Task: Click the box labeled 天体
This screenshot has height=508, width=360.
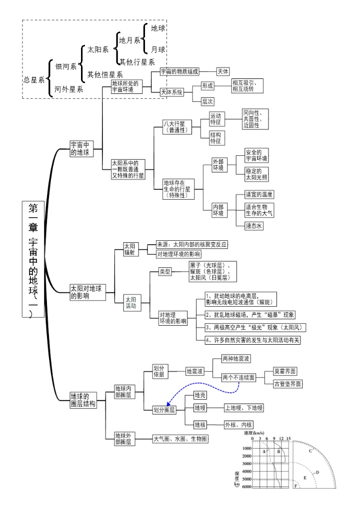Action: pos(222,72)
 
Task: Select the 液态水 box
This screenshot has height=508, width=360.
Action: pos(254,226)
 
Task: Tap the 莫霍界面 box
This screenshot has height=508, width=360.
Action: pos(285,372)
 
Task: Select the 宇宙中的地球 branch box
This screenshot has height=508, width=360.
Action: pos(80,149)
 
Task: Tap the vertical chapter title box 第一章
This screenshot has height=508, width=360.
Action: pos(33,260)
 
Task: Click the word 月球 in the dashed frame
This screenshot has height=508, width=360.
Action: pos(158,49)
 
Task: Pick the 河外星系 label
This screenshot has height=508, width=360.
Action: pos(69,89)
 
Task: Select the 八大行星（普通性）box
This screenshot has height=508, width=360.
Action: pos(176,126)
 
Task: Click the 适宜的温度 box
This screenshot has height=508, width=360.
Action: pos(259,194)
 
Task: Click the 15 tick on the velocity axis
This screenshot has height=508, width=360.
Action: pos(288,439)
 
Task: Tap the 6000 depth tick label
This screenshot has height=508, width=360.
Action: pos(246,488)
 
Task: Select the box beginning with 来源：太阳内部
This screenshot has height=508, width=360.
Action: pos(192,244)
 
